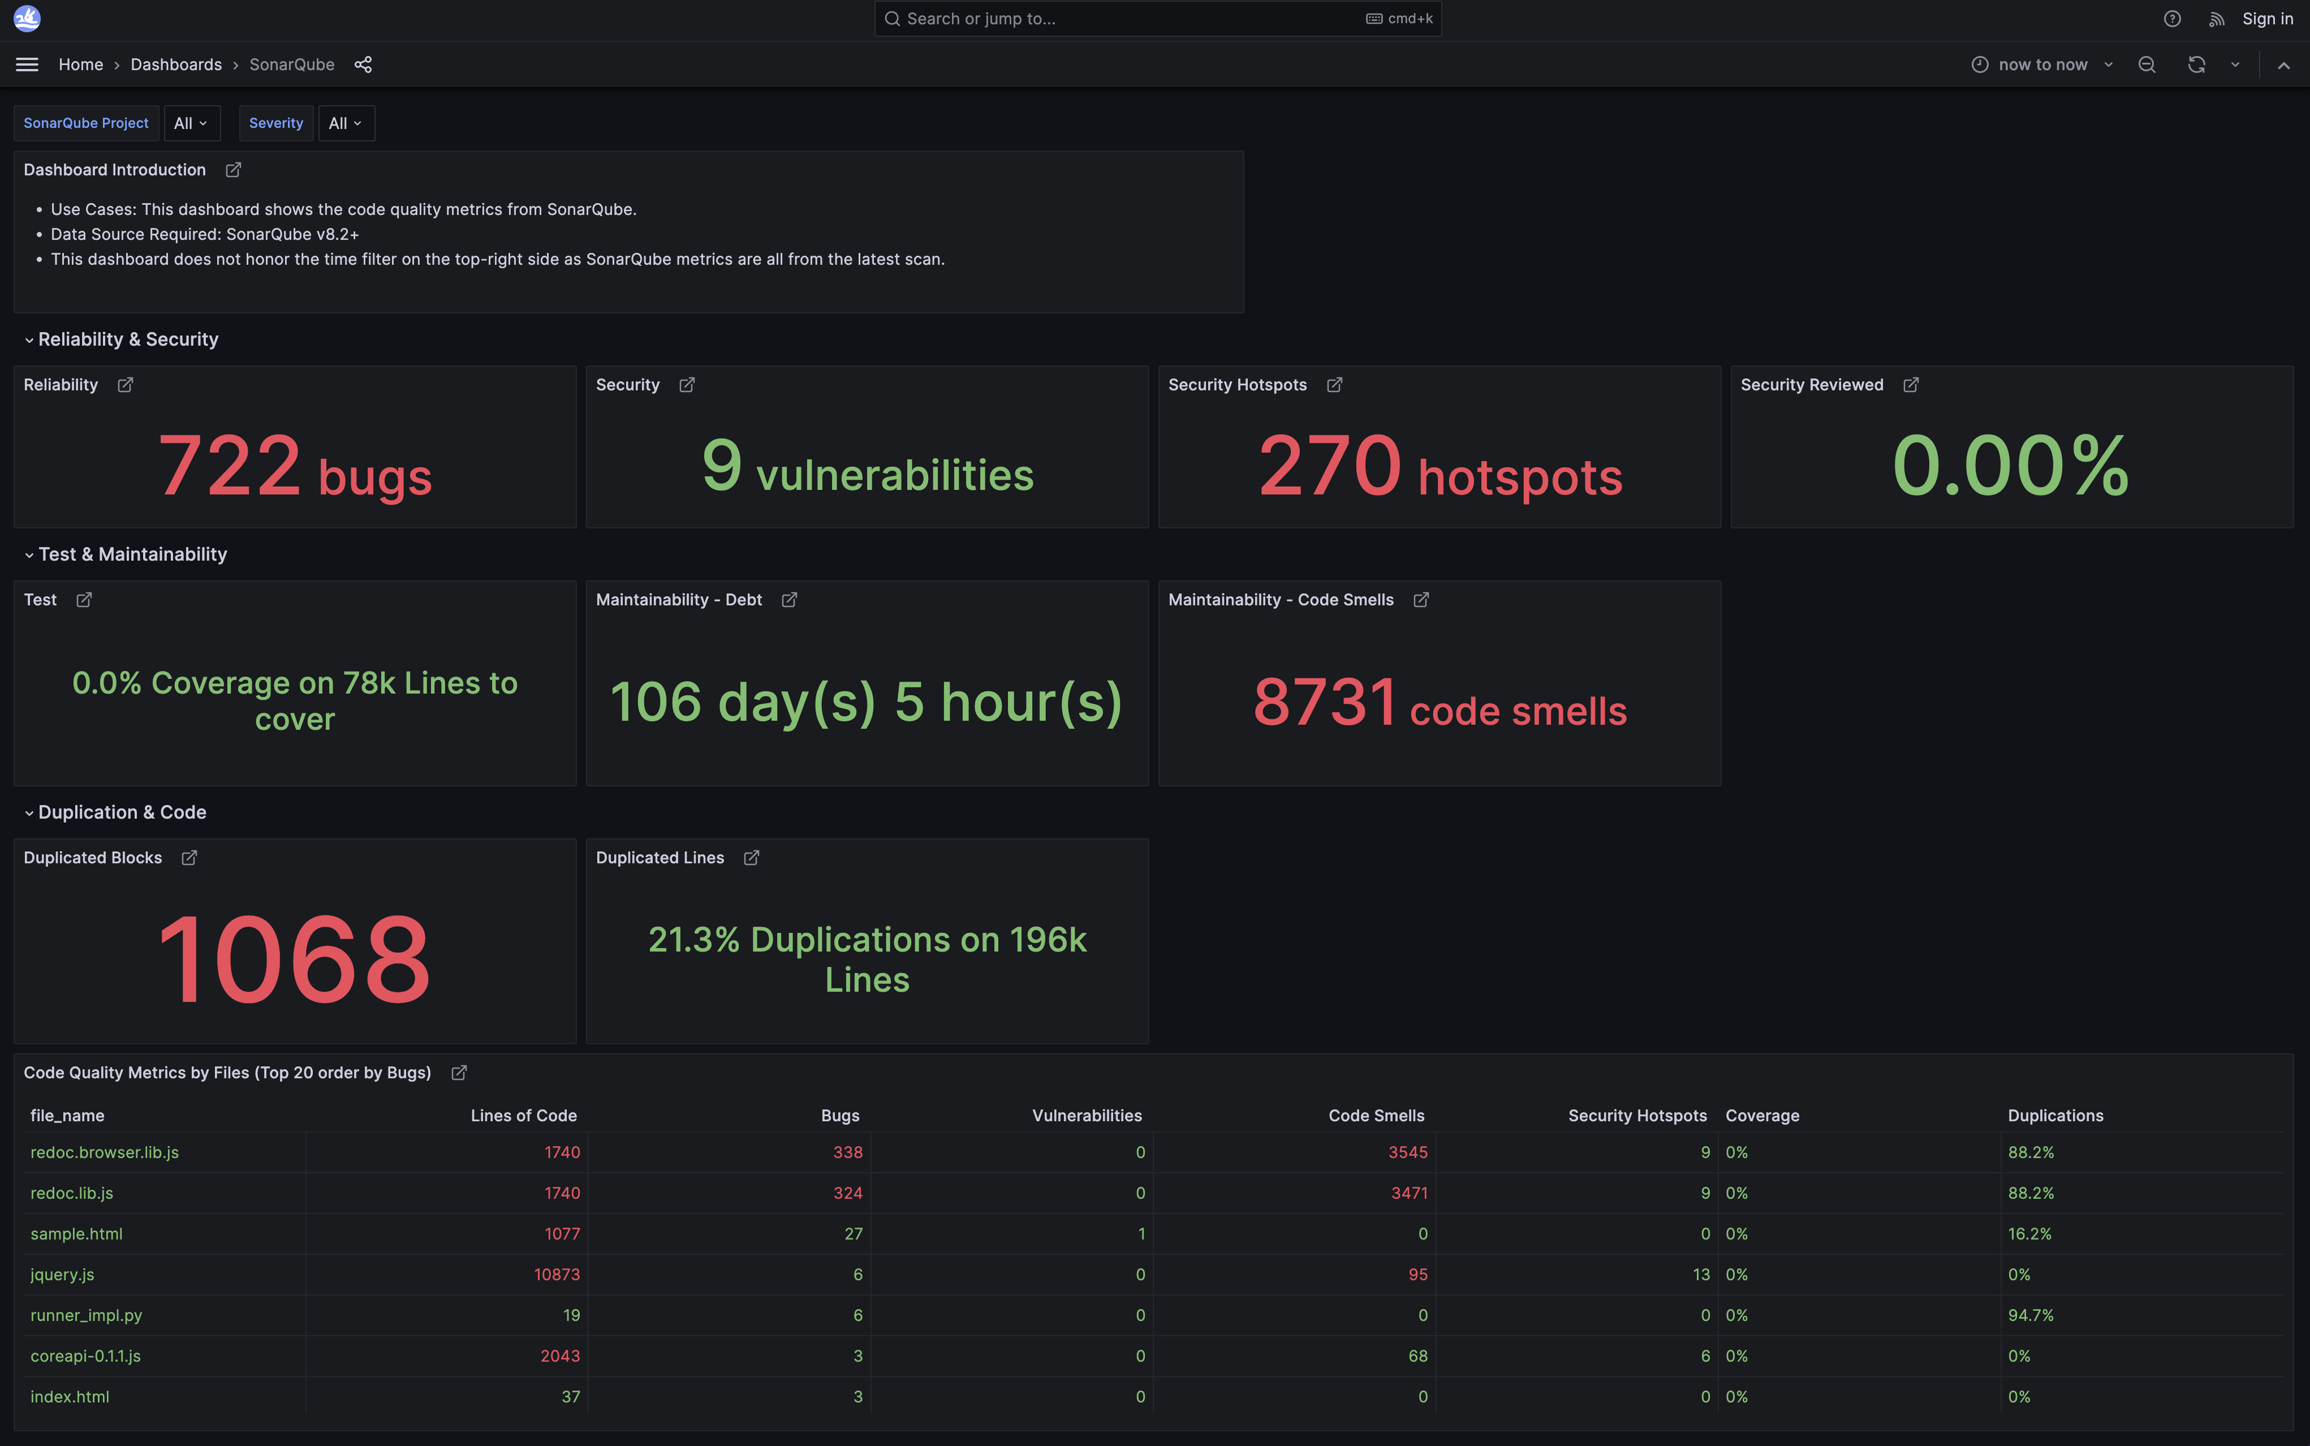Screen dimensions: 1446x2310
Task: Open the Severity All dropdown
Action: click(x=345, y=123)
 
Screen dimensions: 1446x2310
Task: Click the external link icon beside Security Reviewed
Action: click(x=1910, y=385)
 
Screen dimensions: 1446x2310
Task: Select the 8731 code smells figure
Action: click(x=1439, y=703)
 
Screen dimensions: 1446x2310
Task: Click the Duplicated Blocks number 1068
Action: click(x=295, y=959)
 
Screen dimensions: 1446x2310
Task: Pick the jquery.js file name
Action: click(x=62, y=1275)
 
